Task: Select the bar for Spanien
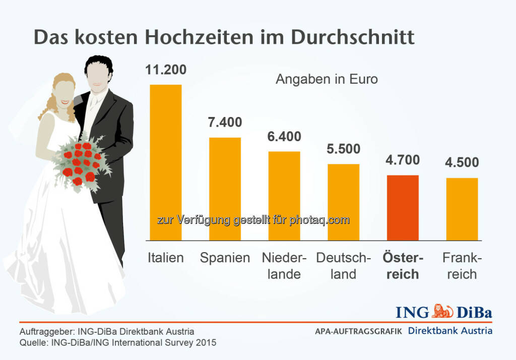point(225,189)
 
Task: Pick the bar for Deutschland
point(344,202)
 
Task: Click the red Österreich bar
point(403,207)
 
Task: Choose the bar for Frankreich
point(462,209)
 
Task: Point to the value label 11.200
point(166,70)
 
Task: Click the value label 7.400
point(225,123)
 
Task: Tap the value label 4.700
point(403,160)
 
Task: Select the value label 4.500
point(462,163)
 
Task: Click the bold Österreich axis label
point(403,266)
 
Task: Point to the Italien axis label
point(166,258)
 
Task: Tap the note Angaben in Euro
point(327,79)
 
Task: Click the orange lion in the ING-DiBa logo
point(443,311)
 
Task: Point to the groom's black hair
point(99,66)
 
